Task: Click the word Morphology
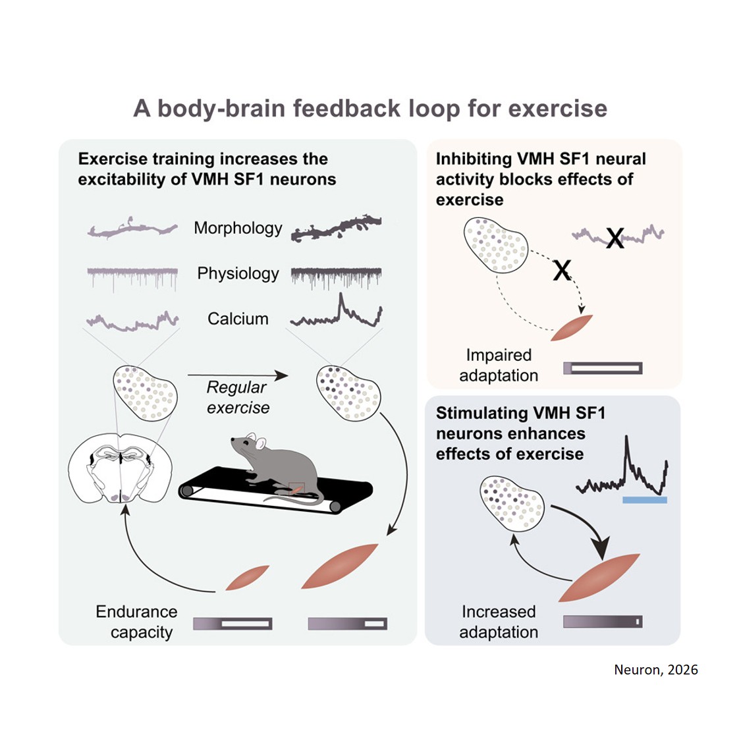coord(238,229)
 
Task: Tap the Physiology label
coord(238,273)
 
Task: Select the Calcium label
coord(238,319)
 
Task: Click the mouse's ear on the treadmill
coord(260,444)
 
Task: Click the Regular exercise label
coord(238,397)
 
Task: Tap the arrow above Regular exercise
coord(238,375)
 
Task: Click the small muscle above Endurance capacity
coord(247,578)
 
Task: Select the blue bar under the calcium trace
coord(644,501)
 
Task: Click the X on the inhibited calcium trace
coord(615,238)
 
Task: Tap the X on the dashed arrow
coord(562,270)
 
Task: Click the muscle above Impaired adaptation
coord(571,327)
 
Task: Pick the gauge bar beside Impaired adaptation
coord(603,368)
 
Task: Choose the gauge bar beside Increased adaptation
coord(603,621)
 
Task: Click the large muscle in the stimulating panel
coord(599,577)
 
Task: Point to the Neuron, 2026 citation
coord(655,670)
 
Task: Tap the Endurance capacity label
coord(137,621)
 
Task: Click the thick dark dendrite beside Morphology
coord(337,228)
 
